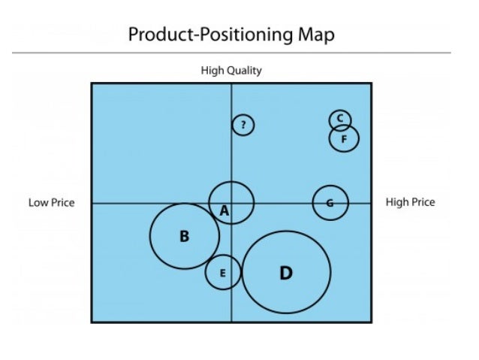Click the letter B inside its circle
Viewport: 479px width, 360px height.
click(184, 237)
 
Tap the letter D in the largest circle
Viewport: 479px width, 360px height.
click(285, 273)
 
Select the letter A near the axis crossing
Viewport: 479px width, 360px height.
click(224, 212)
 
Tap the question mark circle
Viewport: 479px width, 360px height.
click(243, 126)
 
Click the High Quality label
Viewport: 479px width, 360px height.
click(231, 71)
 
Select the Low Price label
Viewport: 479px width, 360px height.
click(52, 202)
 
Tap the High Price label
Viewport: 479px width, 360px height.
click(410, 202)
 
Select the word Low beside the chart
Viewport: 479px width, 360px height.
click(38, 202)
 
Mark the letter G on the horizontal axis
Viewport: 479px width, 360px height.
click(330, 203)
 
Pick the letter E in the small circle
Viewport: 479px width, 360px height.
click(222, 273)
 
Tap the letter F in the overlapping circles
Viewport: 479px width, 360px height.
click(344, 139)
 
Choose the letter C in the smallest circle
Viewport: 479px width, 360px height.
click(339, 119)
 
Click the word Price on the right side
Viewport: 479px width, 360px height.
click(422, 202)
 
